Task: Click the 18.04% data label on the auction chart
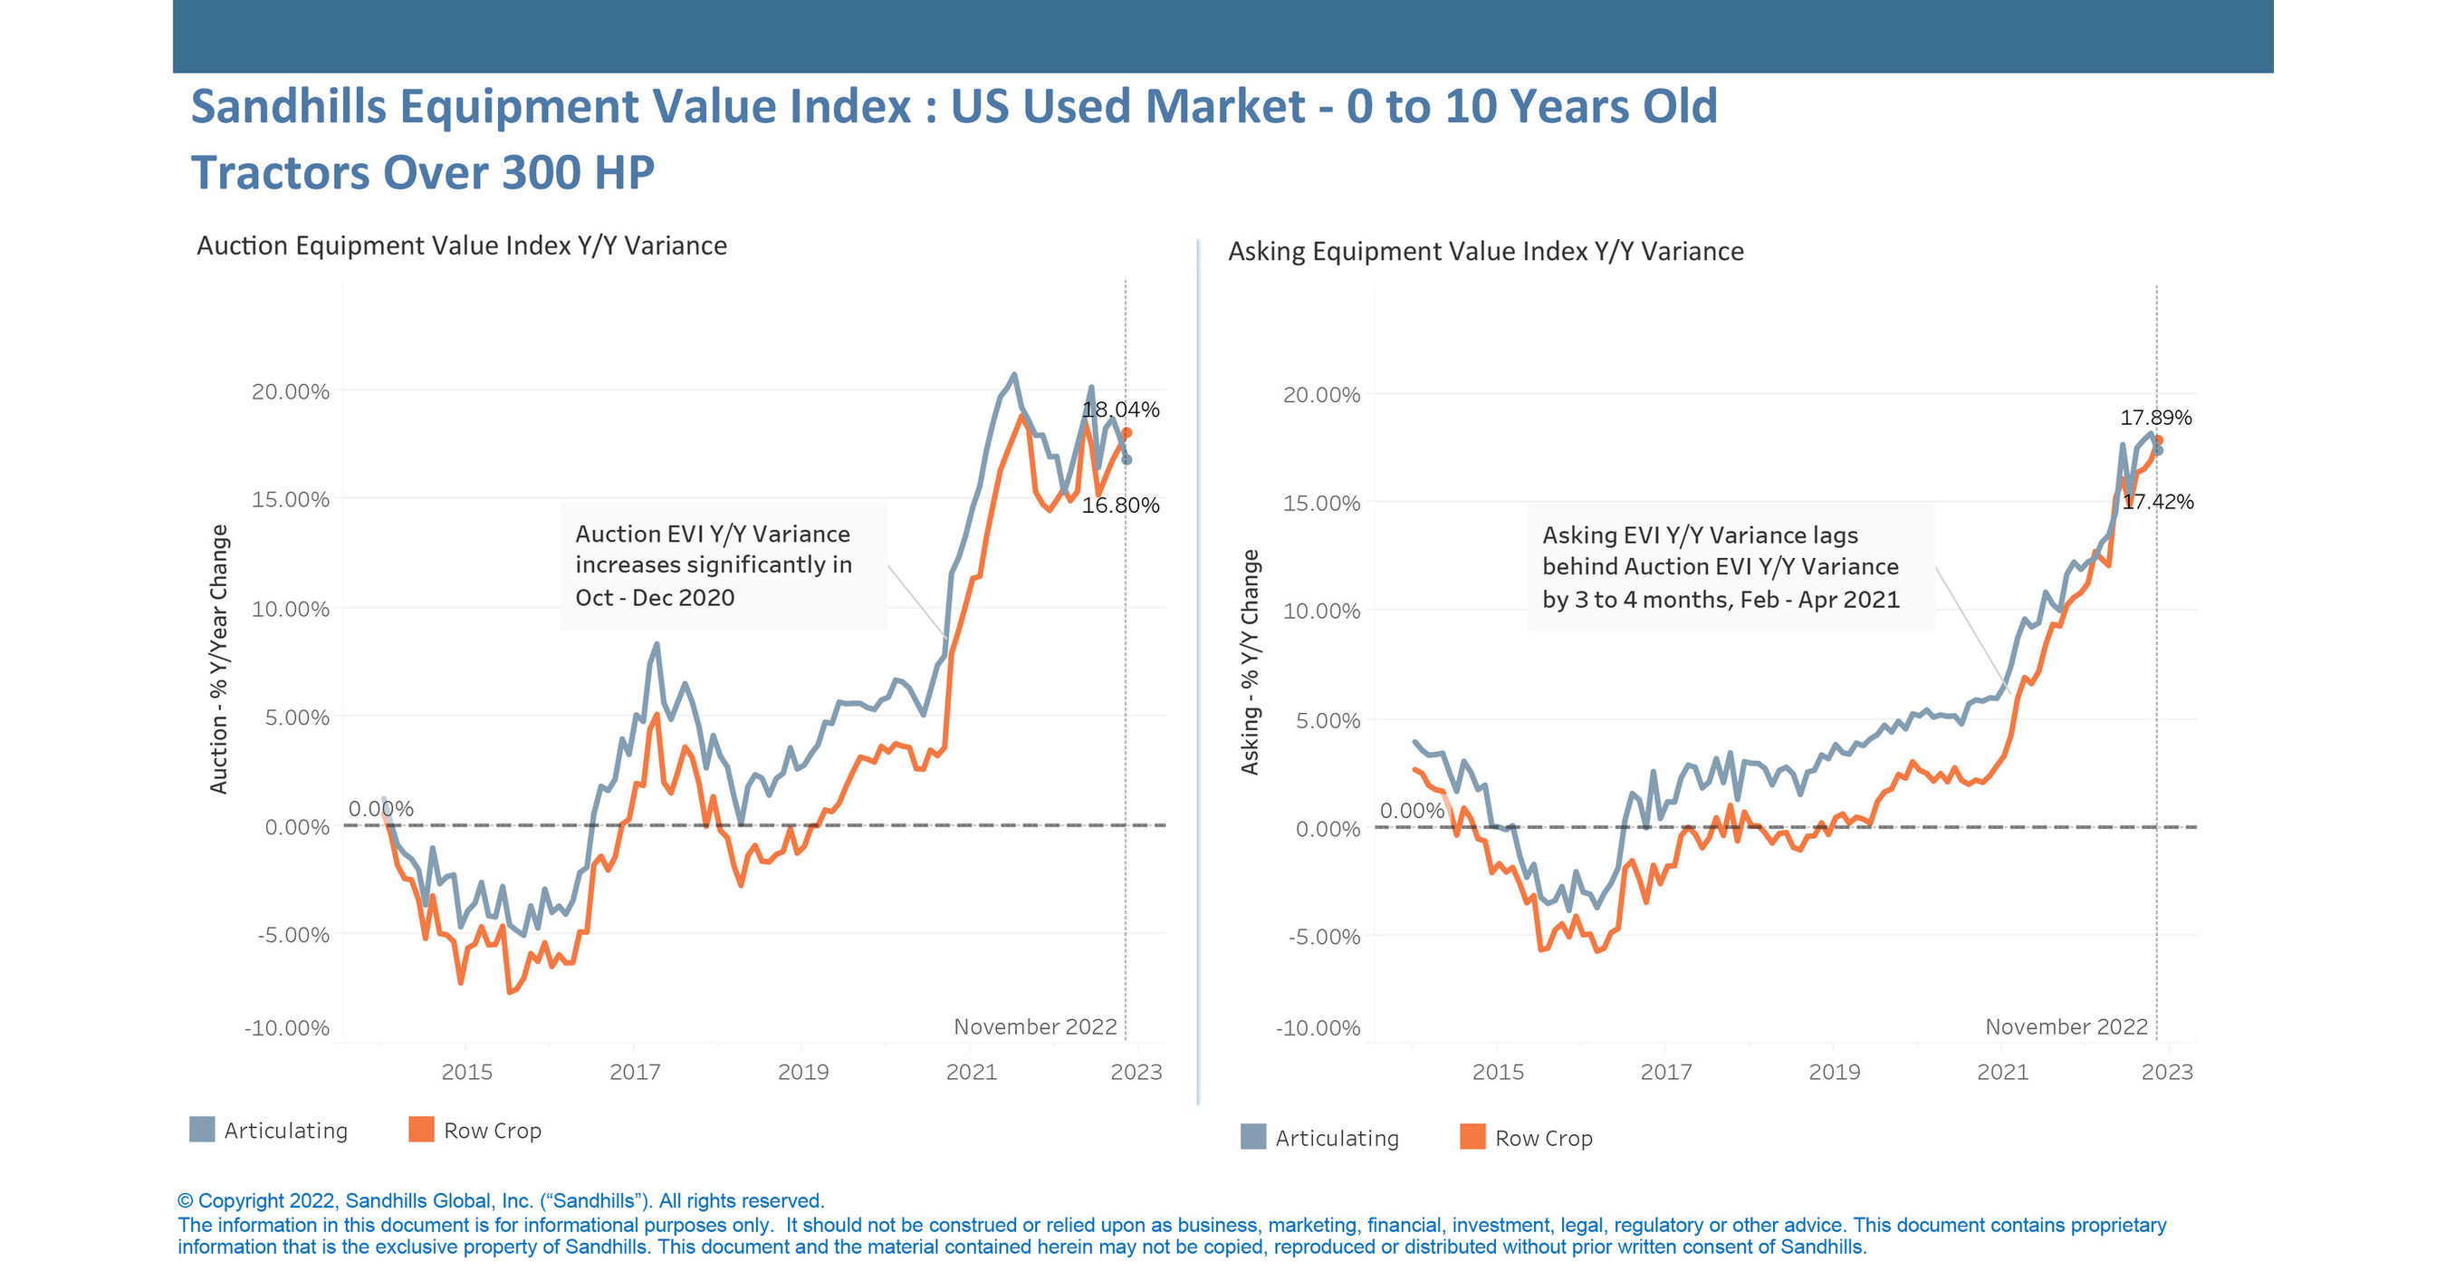1120,409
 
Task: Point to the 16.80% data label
1120,506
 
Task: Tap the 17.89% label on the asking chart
2155,418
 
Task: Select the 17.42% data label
2157,501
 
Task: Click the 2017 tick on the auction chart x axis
635,1072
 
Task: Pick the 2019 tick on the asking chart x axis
1834,1072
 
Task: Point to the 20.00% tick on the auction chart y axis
291,391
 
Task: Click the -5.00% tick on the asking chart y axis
1322,938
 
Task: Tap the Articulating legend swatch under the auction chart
202,1129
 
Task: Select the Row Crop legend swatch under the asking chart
1472,1137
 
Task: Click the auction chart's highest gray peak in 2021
1014,375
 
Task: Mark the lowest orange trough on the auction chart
510,991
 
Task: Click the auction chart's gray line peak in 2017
656,645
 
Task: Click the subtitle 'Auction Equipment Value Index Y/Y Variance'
461,246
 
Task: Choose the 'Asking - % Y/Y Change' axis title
1250,662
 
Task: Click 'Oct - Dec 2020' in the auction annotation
655,598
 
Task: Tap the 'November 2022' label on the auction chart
1034,1026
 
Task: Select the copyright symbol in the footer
185,1201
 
